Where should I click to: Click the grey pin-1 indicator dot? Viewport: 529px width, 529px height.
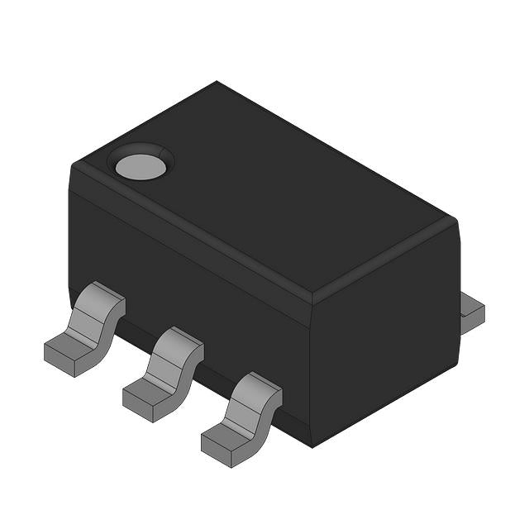(x=141, y=167)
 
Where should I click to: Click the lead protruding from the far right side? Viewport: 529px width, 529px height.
(x=471, y=312)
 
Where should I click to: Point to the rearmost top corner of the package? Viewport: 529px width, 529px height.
(x=217, y=82)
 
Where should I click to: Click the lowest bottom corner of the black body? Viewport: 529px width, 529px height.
(x=312, y=446)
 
